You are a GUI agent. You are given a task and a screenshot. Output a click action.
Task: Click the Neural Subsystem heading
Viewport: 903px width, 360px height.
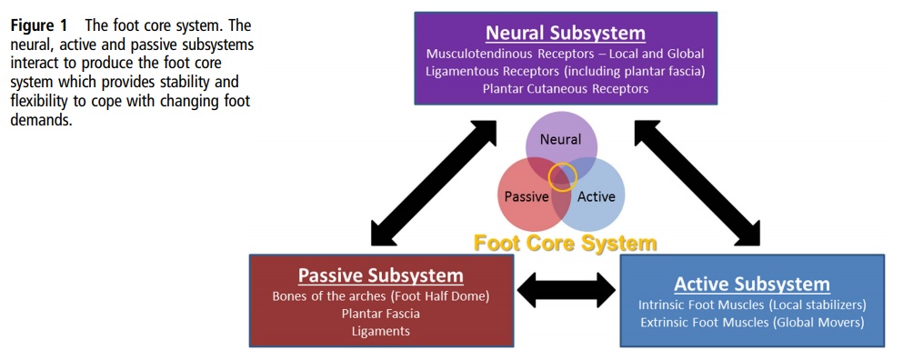coord(565,34)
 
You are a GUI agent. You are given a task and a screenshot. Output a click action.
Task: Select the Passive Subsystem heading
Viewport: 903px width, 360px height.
coord(381,275)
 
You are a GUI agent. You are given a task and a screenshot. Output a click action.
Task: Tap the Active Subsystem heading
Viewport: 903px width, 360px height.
coord(751,284)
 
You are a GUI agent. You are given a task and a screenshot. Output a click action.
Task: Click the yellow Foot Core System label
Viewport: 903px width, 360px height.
coord(565,243)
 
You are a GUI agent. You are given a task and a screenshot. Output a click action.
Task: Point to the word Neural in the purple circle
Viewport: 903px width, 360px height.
coord(560,140)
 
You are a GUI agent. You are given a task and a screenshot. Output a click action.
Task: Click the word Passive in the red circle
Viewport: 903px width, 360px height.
coord(527,196)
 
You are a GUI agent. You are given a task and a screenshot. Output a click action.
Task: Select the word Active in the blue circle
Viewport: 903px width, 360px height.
coord(597,196)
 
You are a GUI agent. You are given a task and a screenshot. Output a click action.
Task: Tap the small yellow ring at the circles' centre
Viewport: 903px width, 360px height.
coord(563,175)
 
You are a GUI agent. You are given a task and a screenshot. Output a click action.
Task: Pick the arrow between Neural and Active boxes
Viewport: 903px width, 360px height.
coord(698,181)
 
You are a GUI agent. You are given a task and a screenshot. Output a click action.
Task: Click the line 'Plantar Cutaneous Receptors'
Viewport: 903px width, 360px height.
coord(565,89)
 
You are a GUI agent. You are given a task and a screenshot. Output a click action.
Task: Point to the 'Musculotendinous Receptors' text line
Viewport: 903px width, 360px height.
coord(565,54)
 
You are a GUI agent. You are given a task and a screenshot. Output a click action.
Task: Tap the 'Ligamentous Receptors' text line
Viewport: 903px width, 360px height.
coord(565,71)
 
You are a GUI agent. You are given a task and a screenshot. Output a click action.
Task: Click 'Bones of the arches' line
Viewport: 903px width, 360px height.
coord(381,296)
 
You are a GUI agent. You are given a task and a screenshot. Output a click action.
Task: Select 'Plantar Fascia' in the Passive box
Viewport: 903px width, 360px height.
coord(381,314)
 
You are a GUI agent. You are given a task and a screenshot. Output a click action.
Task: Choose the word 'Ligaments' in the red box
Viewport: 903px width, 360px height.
coord(381,331)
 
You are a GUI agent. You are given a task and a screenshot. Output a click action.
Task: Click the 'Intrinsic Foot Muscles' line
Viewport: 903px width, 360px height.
coord(751,305)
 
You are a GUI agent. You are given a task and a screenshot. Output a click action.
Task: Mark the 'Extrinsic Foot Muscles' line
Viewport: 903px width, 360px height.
coord(751,322)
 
